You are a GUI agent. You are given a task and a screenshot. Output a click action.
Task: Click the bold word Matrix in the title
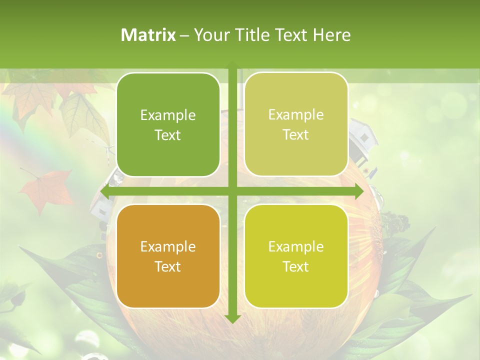pos(148,35)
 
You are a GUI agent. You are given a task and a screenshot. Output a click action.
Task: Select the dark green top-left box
pos(168,124)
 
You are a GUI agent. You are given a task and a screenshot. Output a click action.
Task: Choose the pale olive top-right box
pos(296,124)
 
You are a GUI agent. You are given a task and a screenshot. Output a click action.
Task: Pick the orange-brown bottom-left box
pos(168,256)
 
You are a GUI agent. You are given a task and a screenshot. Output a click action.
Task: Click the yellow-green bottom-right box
pos(296,256)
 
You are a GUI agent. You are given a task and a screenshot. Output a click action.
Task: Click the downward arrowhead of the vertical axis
pos(232,318)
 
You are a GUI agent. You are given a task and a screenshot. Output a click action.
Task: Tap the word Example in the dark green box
pos(168,115)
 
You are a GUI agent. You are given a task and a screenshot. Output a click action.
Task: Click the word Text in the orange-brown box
pos(168,266)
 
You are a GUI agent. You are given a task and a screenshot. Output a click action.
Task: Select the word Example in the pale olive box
pos(296,114)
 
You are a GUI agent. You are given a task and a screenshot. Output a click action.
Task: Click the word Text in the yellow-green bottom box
pos(296,266)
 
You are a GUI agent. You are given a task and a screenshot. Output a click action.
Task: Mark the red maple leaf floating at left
pos(47,190)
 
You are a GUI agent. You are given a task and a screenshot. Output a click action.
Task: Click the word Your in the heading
pos(209,35)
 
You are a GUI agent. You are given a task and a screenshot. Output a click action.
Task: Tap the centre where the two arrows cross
pos(232,191)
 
